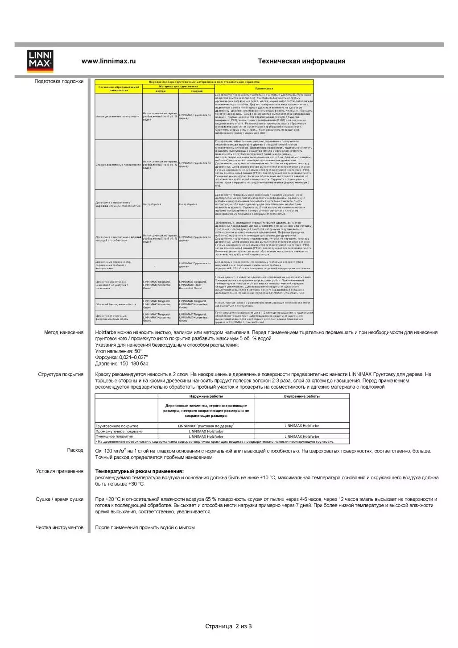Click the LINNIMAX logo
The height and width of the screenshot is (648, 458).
pos(40,61)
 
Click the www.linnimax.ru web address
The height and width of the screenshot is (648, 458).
pos(108,61)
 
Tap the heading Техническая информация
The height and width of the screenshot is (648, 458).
pos(301,61)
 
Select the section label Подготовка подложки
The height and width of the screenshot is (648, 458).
pos(59,81)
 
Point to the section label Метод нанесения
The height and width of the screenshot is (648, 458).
pos(64,332)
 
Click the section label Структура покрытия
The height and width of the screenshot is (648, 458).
pos(61,374)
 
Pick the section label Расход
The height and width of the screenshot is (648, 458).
pos(75,450)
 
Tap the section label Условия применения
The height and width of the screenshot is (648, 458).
pos(60,471)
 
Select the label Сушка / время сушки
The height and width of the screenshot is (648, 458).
pos(59,499)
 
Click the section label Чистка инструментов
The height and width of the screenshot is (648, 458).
pos(59,528)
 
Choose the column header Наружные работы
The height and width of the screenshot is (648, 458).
pos(206,396)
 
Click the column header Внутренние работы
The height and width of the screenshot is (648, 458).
pos(301,396)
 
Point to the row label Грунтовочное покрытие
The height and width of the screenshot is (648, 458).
pos(117,426)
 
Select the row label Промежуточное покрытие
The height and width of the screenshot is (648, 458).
pos(119,432)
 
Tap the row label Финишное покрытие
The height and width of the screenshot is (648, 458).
pos(114,436)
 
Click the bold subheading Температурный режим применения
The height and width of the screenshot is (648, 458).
pos(139,471)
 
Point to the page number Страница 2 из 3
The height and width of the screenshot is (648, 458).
pos(228,626)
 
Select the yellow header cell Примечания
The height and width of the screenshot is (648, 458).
pos(264,88)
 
